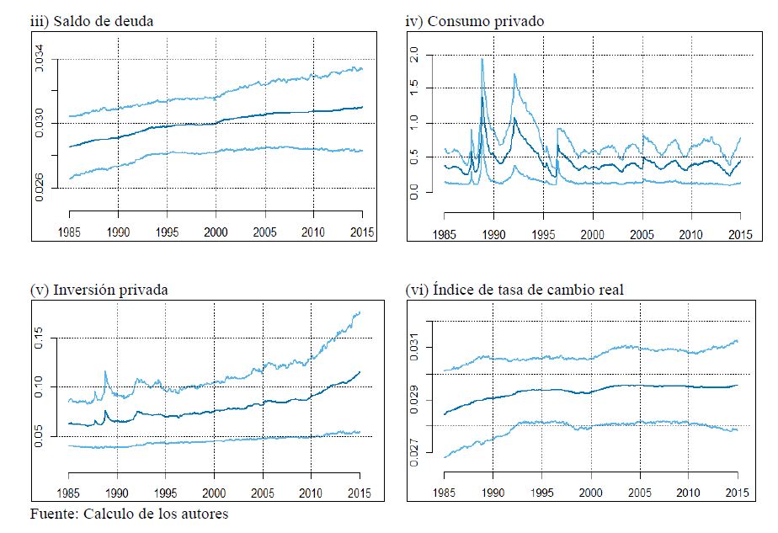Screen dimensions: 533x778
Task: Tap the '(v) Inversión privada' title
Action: pos(99,290)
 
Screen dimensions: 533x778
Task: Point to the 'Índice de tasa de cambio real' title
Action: pos(540,290)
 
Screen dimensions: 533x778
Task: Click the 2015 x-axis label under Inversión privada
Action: pos(360,492)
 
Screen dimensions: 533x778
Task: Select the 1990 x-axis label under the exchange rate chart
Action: pos(496,492)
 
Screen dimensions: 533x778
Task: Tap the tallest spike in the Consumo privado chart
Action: pos(482,59)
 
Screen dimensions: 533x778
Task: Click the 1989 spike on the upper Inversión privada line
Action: pos(106,371)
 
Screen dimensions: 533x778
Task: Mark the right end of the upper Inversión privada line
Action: pos(360,312)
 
